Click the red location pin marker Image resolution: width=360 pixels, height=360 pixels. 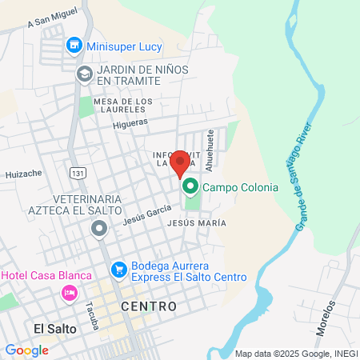pyautogui.click(x=181, y=163)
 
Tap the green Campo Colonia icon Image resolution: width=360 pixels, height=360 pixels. pyautogui.click(x=190, y=188)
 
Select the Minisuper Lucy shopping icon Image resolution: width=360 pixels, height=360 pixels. pyautogui.click(x=74, y=46)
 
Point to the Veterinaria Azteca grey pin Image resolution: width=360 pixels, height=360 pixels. pyautogui.click(x=99, y=229)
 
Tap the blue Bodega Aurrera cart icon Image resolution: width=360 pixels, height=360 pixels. pyautogui.click(x=118, y=270)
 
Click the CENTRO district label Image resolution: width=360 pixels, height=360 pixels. pyautogui.click(x=148, y=306)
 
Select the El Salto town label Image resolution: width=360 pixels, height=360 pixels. pyautogui.click(x=55, y=328)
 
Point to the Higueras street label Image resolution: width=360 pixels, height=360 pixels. pyautogui.click(x=130, y=123)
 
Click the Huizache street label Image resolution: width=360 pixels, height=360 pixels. pyautogui.click(x=23, y=174)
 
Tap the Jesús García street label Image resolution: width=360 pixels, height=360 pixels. pyautogui.click(x=147, y=212)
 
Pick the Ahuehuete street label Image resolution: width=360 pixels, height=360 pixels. pyautogui.click(x=210, y=150)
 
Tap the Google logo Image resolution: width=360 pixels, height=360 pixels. pyautogui.click(x=26, y=350)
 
